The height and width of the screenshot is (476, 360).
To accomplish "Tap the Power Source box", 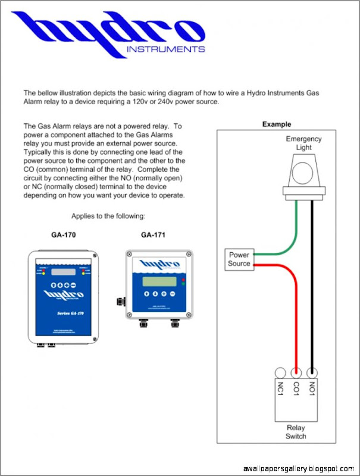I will (239, 259).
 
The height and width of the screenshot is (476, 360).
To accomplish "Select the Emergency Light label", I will (303, 143).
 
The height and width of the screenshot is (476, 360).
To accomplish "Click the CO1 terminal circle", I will (296, 372).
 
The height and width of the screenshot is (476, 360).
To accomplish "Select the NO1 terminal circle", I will (312, 372).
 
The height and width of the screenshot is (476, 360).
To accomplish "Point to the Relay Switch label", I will (296, 432).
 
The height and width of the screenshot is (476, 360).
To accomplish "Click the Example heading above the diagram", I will (277, 124).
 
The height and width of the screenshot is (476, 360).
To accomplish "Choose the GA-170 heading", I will (63, 234).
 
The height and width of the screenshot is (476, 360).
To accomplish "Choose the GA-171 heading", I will (153, 234).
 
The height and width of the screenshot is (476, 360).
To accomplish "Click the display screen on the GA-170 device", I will (62, 272).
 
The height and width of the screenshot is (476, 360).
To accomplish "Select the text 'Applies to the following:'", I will (108, 215).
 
